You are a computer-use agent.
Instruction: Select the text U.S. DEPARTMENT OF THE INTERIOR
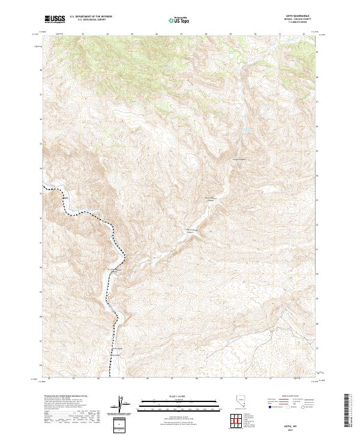(91, 17)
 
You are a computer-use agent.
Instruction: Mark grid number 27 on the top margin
(181, 34)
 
